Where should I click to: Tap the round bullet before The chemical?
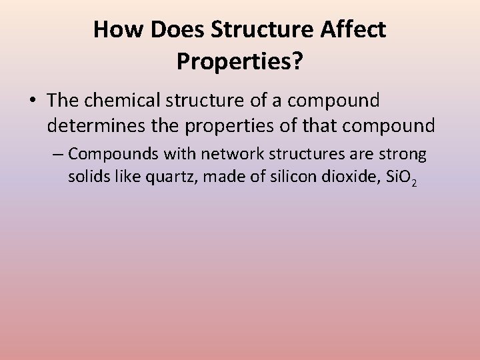tap(33, 101)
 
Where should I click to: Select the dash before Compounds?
tap(59, 155)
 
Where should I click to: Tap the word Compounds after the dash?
tap(107, 155)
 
